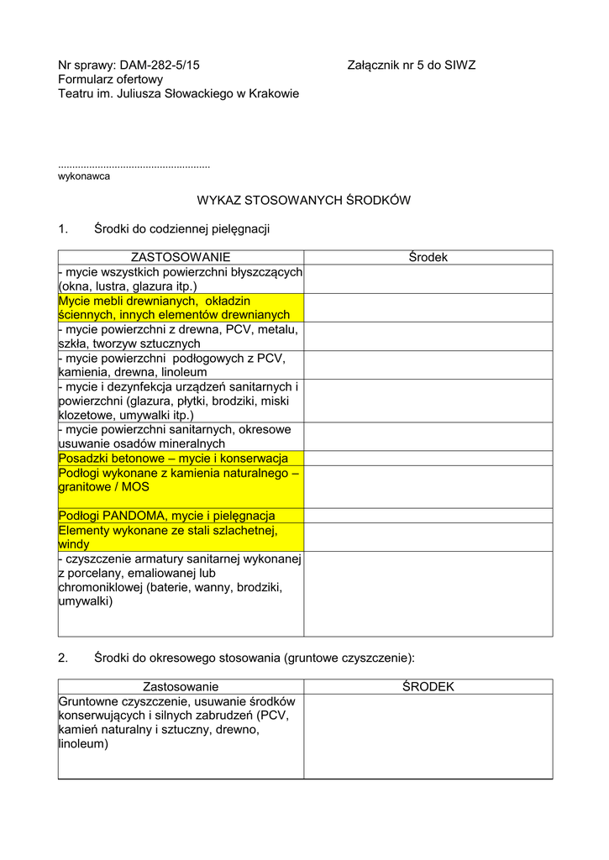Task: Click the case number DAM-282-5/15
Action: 160,65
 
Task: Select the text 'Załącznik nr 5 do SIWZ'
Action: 411,65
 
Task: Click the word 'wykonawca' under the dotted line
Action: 84,176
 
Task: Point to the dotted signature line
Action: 134,166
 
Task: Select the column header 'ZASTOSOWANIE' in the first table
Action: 181,257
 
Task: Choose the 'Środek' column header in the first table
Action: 428,257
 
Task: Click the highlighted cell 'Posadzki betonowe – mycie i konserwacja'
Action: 173,459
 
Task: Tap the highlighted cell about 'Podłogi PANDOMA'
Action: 166,516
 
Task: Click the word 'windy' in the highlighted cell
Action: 74,544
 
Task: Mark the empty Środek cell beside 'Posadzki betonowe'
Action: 428,459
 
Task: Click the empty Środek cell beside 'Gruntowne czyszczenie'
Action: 428,736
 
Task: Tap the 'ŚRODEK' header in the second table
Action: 428,687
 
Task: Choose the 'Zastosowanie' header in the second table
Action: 181,687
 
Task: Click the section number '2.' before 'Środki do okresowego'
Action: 63,657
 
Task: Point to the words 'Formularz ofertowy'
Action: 110,79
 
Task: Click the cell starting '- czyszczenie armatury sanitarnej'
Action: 181,580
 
